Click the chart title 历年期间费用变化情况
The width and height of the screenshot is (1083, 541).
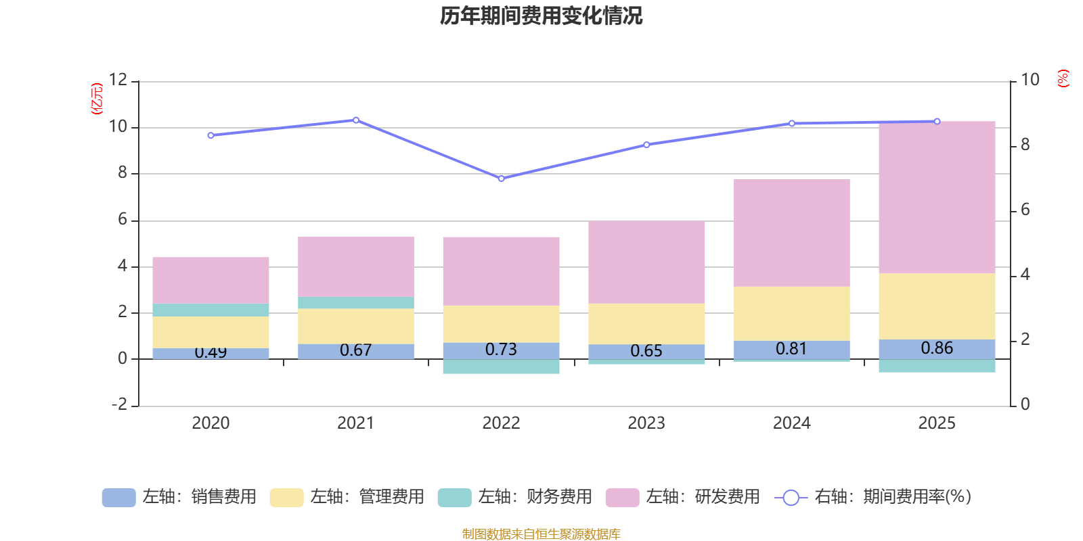coord(541,16)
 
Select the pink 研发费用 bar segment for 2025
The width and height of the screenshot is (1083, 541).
coord(937,197)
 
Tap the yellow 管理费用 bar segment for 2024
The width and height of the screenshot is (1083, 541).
coord(791,313)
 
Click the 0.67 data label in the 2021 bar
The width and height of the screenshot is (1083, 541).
coord(355,350)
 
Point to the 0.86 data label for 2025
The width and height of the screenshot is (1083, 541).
coord(937,348)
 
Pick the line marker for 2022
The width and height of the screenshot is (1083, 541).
coord(501,179)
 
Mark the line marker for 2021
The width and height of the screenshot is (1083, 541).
coord(356,120)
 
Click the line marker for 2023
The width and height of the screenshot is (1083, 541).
coord(646,145)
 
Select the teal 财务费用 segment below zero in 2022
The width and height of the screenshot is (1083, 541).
coord(501,367)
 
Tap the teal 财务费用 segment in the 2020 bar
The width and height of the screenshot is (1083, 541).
coord(211,310)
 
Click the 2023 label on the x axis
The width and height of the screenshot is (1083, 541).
coord(646,423)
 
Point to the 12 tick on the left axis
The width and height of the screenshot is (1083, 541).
coord(118,80)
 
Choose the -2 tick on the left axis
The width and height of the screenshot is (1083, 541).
coord(118,404)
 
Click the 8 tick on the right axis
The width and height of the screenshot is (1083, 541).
coord(1025,145)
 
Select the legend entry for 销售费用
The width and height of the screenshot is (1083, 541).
coord(179,497)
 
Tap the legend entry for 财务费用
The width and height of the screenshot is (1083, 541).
coord(515,497)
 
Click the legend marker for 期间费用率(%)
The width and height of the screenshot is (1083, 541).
coord(791,498)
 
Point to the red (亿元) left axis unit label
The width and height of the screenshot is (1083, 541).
coord(97,99)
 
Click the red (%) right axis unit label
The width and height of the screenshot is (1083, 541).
coord(1063,78)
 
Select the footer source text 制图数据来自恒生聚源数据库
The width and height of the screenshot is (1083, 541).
coord(541,534)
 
